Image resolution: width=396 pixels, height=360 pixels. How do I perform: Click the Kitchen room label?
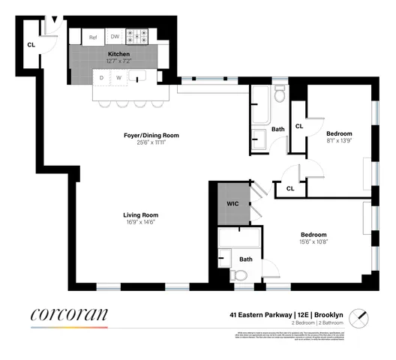pos(119,54)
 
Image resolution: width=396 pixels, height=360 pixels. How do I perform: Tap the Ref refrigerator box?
pos(94,37)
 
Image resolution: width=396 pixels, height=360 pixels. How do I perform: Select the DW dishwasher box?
pos(115,37)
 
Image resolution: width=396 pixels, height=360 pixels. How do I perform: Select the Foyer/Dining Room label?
pos(151,136)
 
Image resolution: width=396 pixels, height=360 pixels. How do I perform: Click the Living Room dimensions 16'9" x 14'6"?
pos(141,224)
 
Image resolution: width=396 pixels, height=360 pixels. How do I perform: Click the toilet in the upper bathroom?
pos(278,95)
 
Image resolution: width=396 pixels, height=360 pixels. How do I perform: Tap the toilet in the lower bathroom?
pos(241,275)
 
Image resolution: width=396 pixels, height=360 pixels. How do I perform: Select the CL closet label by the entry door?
pos(31,45)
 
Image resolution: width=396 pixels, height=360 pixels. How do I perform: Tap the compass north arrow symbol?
pos(361,315)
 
